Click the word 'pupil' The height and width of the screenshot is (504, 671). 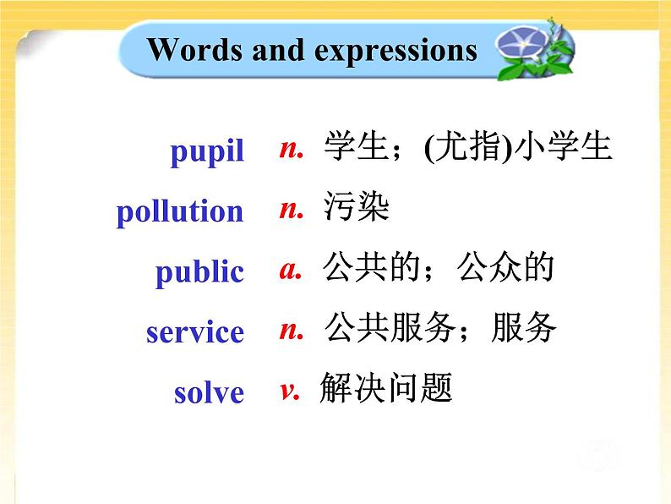207,152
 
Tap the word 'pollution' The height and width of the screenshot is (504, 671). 180,211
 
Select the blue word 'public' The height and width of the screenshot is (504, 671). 199,272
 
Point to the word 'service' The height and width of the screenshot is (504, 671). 195,332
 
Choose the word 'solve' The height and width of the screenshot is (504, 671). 209,393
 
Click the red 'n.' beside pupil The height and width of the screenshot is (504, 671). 291,149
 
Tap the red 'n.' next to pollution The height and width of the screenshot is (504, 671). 291,209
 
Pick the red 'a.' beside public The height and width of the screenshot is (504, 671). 291,270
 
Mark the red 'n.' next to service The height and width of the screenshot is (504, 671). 291,330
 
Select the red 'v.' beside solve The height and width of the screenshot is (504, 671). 290,390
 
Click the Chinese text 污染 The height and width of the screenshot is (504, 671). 356,208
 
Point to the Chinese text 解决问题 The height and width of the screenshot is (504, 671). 386,389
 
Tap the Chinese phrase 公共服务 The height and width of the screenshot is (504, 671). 389,329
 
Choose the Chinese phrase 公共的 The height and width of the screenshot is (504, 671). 372,269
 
